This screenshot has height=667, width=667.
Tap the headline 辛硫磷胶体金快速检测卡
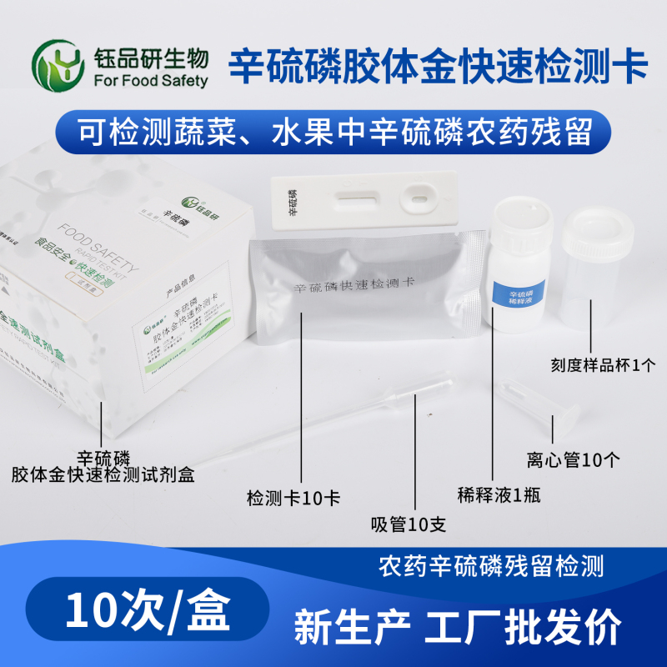439,63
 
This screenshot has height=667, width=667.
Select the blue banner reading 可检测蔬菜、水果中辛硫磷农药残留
333,132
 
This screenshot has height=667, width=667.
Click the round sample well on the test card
417,199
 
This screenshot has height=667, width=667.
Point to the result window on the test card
356,200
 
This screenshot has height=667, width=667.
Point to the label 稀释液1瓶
499,494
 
